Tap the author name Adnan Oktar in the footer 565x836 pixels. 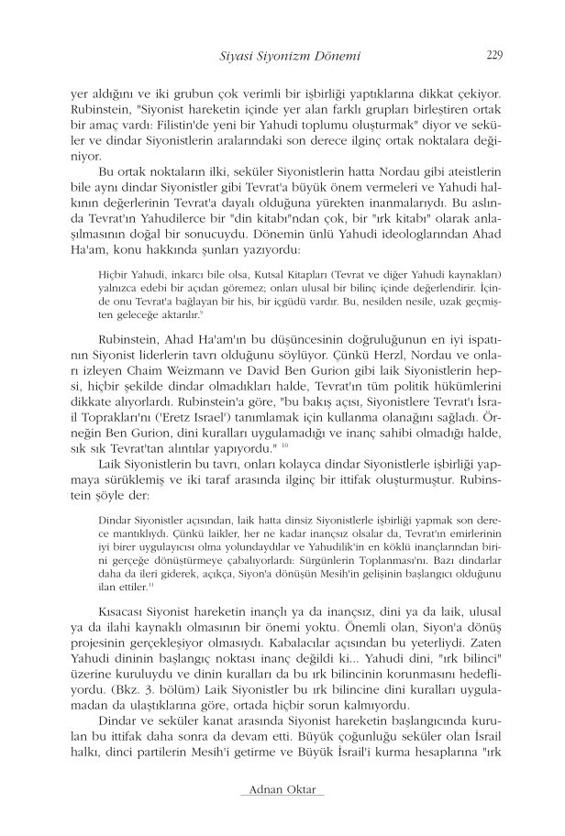click(x=282, y=789)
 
